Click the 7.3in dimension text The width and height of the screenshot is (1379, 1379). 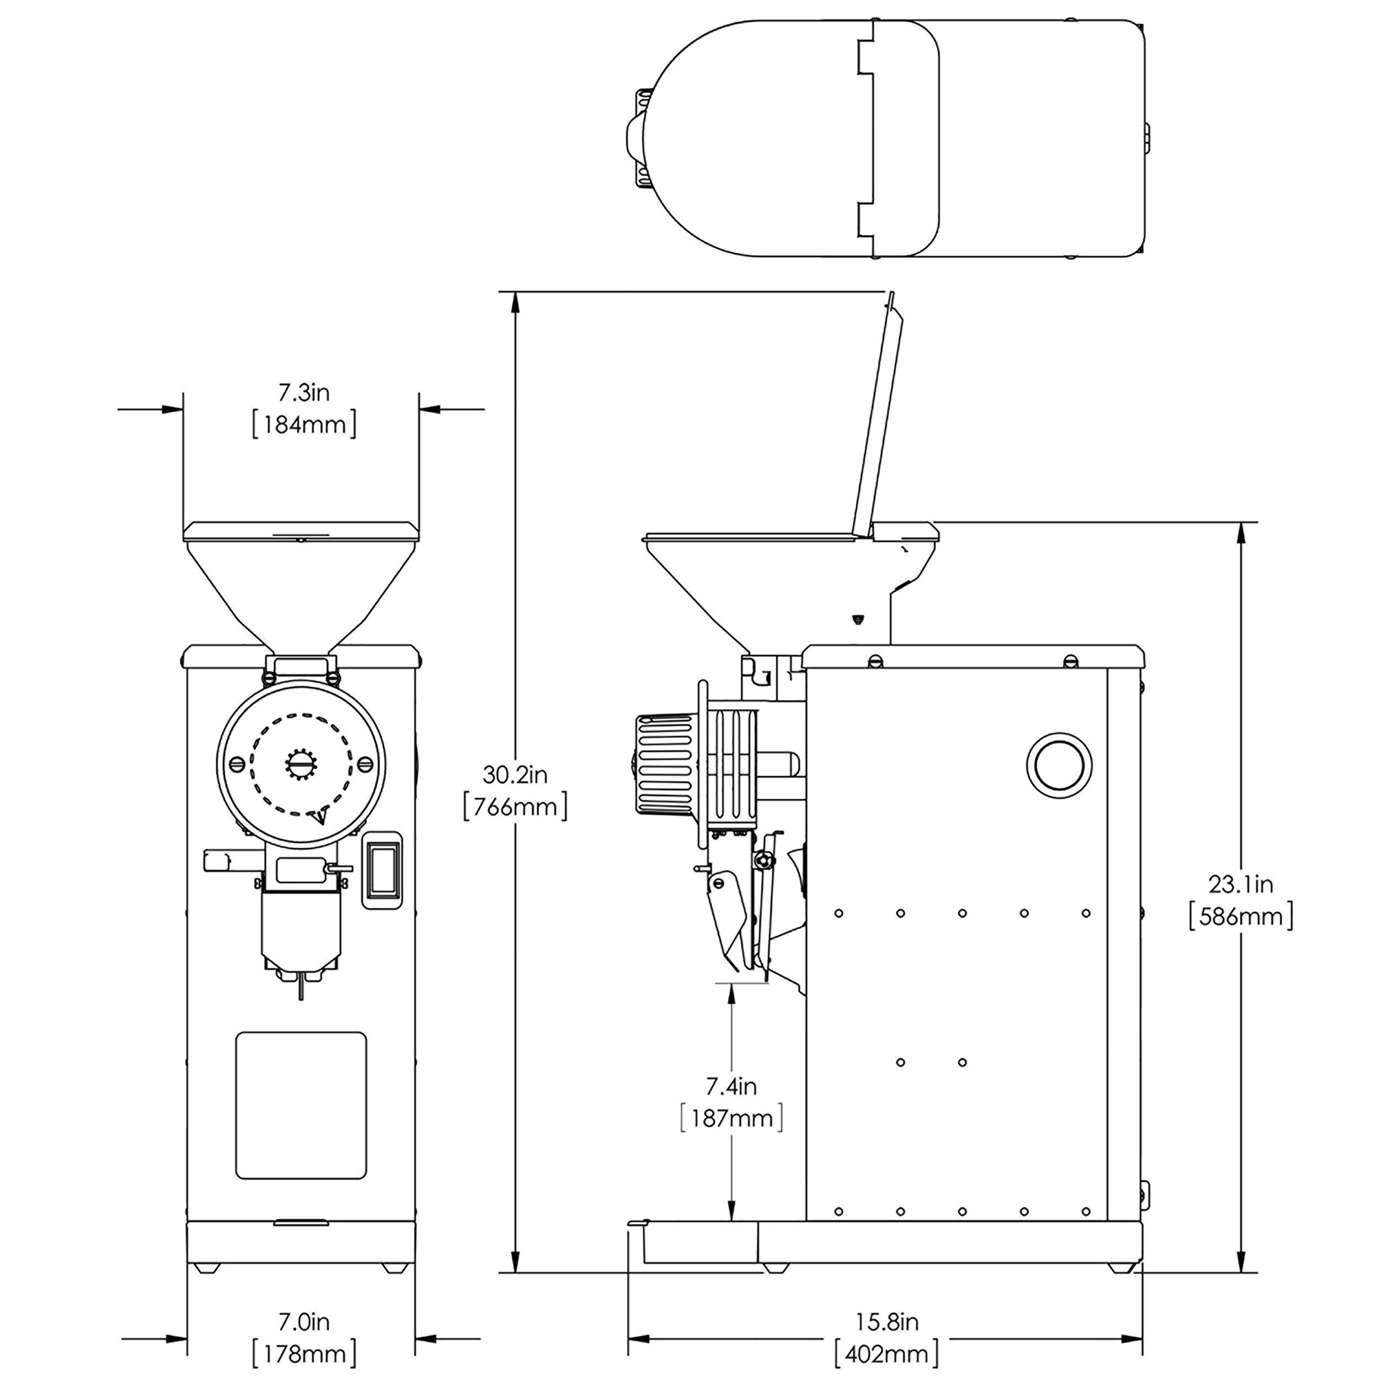(x=304, y=393)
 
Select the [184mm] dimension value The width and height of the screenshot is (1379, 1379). (x=304, y=425)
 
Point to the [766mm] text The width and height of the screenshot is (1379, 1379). (x=515, y=808)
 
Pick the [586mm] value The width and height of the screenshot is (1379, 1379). (x=1241, y=917)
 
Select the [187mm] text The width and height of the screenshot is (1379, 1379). (x=731, y=1119)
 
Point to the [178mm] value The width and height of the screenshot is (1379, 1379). (x=304, y=1354)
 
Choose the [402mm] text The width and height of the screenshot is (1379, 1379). (x=887, y=1354)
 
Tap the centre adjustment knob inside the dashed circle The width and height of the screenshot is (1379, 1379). (x=301, y=765)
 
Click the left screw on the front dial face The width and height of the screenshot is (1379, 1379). (x=238, y=765)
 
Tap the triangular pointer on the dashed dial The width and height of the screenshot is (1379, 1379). (x=321, y=816)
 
